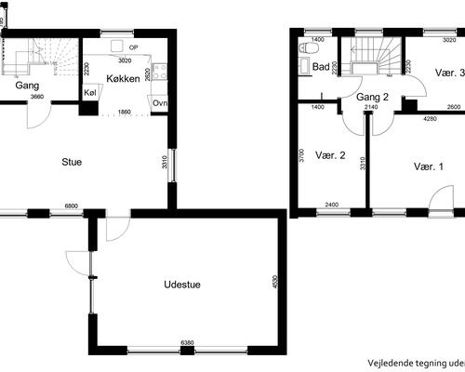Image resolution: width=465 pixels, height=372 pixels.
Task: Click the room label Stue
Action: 71,162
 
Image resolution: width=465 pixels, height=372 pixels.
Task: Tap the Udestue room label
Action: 182,285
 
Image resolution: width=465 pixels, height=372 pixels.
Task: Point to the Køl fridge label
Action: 90,93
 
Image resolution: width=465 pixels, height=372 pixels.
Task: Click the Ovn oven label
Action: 160,102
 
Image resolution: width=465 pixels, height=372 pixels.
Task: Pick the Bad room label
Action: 321,67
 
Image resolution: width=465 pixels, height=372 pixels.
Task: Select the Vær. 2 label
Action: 330,155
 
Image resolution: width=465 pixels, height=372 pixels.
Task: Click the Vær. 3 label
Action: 449,73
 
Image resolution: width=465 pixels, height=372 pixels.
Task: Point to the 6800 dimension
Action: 71,206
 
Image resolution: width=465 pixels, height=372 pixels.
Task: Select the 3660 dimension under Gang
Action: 36,97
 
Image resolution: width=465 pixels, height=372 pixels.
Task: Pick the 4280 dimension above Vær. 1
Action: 431,119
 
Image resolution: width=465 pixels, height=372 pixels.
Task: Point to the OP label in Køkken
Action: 134,46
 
